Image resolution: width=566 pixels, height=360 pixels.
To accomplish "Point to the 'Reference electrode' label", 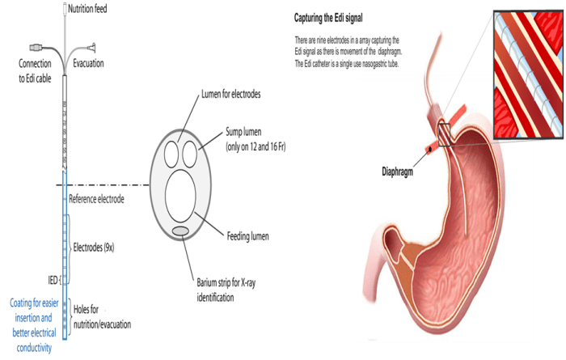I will [x=96, y=198].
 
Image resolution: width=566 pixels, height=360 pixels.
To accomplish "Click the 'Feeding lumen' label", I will [x=248, y=237].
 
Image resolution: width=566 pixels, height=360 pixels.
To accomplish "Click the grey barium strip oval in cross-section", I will [x=182, y=232].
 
